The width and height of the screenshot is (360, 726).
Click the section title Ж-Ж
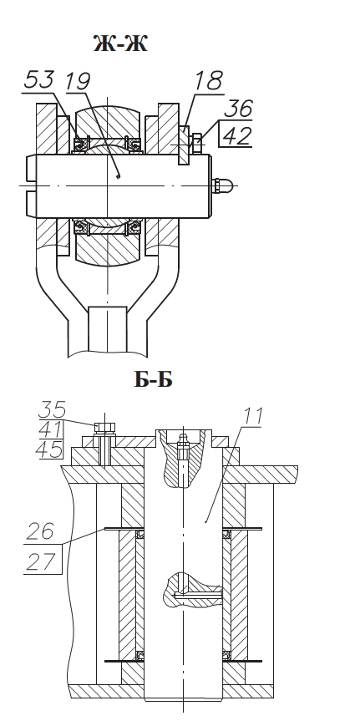120,44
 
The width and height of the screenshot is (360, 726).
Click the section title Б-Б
153,379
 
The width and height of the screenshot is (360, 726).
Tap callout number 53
39,79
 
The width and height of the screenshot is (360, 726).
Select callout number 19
78,81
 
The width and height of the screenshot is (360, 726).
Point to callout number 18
208,81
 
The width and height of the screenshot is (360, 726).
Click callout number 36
239,108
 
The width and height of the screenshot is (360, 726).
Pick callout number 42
238,135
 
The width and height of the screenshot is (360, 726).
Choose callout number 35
51,409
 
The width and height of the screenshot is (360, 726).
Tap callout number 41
50,430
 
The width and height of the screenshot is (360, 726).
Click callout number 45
49,449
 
